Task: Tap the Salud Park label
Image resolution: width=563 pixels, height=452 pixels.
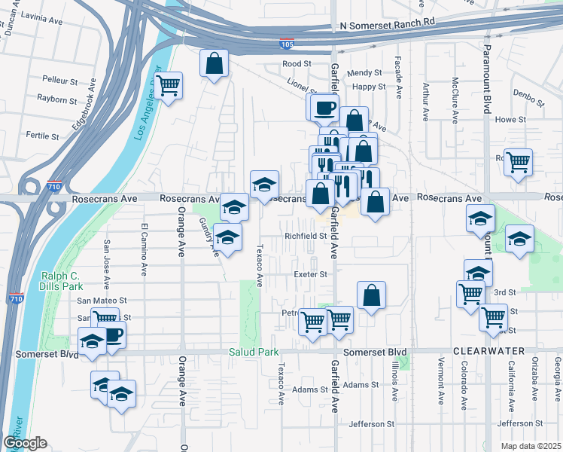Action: [x=254, y=352]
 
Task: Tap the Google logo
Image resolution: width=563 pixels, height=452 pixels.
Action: [x=25, y=442]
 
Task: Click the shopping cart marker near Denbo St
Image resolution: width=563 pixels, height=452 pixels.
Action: [x=519, y=161]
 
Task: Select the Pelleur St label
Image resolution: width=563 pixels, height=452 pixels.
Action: [x=61, y=79]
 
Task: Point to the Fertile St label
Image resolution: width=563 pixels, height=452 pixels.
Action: [x=42, y=136]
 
